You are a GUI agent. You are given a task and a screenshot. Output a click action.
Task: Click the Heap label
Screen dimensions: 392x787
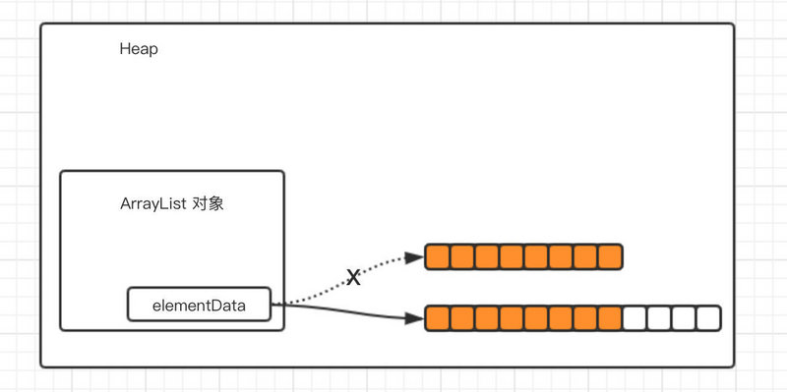pos(139,49)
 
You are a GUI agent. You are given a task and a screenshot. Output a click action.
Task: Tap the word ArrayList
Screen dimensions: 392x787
pos(152,205)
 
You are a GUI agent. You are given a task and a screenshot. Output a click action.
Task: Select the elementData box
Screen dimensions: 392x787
pos(200,305)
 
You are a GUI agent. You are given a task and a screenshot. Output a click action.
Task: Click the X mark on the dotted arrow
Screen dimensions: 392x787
pos(354,278)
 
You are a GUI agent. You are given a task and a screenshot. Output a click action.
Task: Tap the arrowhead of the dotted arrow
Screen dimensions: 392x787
pos(415,258)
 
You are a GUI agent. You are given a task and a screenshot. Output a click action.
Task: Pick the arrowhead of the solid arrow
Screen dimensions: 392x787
pos(415,318)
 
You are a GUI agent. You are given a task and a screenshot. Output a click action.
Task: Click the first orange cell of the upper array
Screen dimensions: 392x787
pos(438,257)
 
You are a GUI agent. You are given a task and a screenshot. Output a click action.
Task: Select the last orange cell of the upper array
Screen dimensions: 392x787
pos(610,257)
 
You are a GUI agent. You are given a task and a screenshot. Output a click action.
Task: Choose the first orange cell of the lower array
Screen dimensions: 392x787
pos(438,318)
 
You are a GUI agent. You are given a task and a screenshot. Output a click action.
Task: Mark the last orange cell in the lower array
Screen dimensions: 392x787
pos(610,318)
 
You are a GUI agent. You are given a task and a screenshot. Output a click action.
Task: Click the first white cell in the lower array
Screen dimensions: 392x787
pos(635,318)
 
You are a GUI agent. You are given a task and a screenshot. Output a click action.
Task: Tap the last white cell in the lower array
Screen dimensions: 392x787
pos(708,318)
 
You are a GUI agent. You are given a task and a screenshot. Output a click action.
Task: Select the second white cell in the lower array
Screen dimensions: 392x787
pos(659,318)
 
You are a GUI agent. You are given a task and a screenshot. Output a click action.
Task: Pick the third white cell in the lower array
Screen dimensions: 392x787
pos(684,318)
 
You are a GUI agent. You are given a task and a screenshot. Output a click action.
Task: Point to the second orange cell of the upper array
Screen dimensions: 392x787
pos(462,257)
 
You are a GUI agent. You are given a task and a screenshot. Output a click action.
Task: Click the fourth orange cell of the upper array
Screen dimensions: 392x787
pos(512,257)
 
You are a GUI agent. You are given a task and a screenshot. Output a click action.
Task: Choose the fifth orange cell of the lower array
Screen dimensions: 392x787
pos(536,318)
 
